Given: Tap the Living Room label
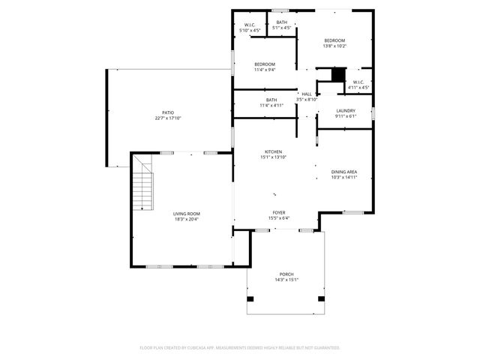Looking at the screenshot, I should point(187,214).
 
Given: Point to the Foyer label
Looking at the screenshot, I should point(278,213).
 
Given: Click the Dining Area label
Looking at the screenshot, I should point(344,172).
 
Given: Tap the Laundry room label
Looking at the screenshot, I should point(345,111).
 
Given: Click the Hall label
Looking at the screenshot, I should point(307,94).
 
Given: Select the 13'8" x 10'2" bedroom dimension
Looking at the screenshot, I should point(334,46).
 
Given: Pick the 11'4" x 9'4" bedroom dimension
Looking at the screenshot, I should point(265,70).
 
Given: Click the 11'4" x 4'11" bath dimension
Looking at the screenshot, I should point(271,106).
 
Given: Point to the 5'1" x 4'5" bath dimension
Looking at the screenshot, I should point(281,28).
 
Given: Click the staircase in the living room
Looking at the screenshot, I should point(142,190).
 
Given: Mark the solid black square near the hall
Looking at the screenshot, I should point(338,75).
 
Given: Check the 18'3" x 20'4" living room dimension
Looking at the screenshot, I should point(187,219).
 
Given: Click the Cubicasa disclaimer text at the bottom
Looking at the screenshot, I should point(240,348).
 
